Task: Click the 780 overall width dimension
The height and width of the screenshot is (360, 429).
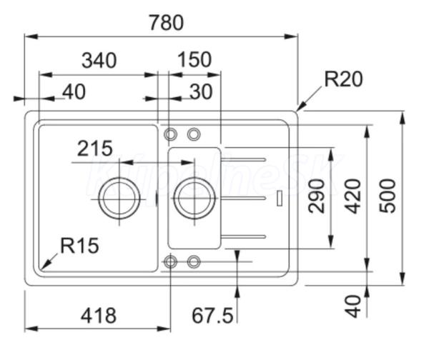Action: click(x=166, y=23)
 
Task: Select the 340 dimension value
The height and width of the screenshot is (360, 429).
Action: click(x=99, y=61)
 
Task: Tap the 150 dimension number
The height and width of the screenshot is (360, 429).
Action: click(x=194, y=59)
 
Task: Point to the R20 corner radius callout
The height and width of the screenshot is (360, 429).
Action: click(x=344, y=79)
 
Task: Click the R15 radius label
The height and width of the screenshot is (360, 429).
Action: click(x=79, y=246)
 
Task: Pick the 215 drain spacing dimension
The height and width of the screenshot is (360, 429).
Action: click(x=94, y=149)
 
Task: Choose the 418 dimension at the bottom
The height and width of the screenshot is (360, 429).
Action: click(x=99, y=316)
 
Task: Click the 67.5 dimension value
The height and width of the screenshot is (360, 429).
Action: click(x=212, y=316)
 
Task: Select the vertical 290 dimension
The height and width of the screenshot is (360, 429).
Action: click(x=316, y=196)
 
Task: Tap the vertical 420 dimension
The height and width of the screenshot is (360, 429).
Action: click(x=352, y=196)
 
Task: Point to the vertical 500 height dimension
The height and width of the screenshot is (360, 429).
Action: click(x=388, y=196)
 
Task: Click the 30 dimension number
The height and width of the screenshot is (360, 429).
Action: click(x=201, y=92)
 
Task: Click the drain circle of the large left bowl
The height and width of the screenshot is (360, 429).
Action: click(x=119, y=199)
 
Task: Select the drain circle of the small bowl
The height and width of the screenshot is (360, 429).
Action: click(x=194, y=198)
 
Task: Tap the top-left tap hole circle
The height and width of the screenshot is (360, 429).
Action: click(x=170, y=134)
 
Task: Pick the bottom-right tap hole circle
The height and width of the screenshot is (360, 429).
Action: click(x=194, y=262)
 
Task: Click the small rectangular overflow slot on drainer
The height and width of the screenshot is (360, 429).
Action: click(x=280, y=198)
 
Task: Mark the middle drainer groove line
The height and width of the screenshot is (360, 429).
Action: click(x=244, y=198)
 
